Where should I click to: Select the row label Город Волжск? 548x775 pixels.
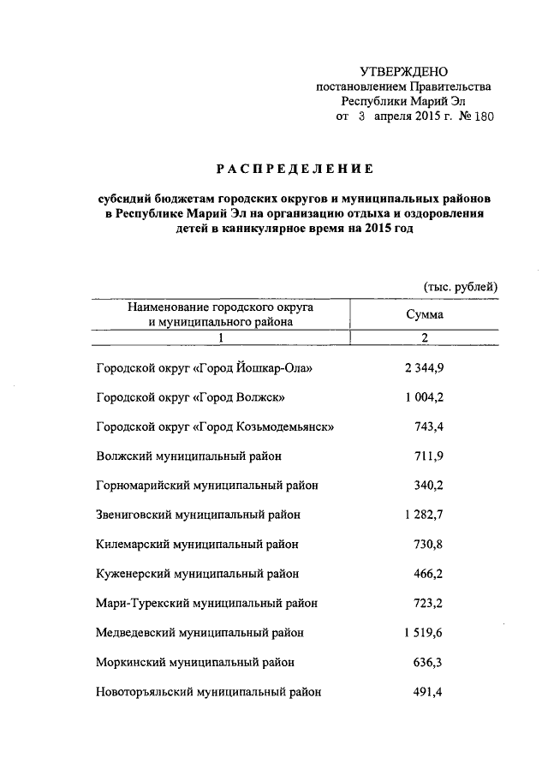pos(189,398)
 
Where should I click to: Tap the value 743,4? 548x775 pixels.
pos(431,426)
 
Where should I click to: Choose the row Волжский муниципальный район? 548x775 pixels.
pos(189,456)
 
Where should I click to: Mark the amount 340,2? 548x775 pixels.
pos(431,485)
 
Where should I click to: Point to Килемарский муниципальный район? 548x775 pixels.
pos(196,544)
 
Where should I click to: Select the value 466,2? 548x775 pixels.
pos(431,573)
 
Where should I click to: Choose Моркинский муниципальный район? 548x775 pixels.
pos(195,661)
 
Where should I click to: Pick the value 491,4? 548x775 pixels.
pos(431,690)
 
